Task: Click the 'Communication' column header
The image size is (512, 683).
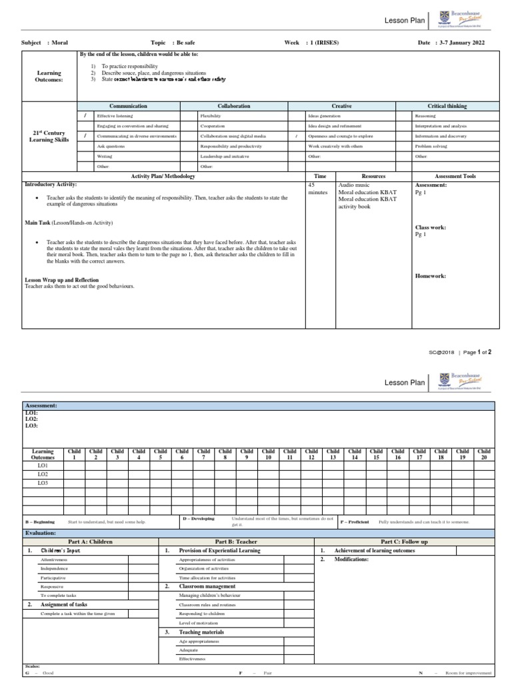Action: pos(128,106)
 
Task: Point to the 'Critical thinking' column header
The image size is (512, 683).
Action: pos(447,106)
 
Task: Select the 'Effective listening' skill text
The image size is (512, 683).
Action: pos(115,115)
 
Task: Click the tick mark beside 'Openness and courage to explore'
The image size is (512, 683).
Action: pos(296,135)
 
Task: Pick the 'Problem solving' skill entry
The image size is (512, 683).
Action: pos(430,145)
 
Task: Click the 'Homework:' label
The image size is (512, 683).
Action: pos(431,275)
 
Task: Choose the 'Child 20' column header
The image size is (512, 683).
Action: pos(484,454)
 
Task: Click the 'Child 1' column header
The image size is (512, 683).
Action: pos(75,454)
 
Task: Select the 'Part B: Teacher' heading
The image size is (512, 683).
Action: pos(236,542)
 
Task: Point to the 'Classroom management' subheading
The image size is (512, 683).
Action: pos(206,585)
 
